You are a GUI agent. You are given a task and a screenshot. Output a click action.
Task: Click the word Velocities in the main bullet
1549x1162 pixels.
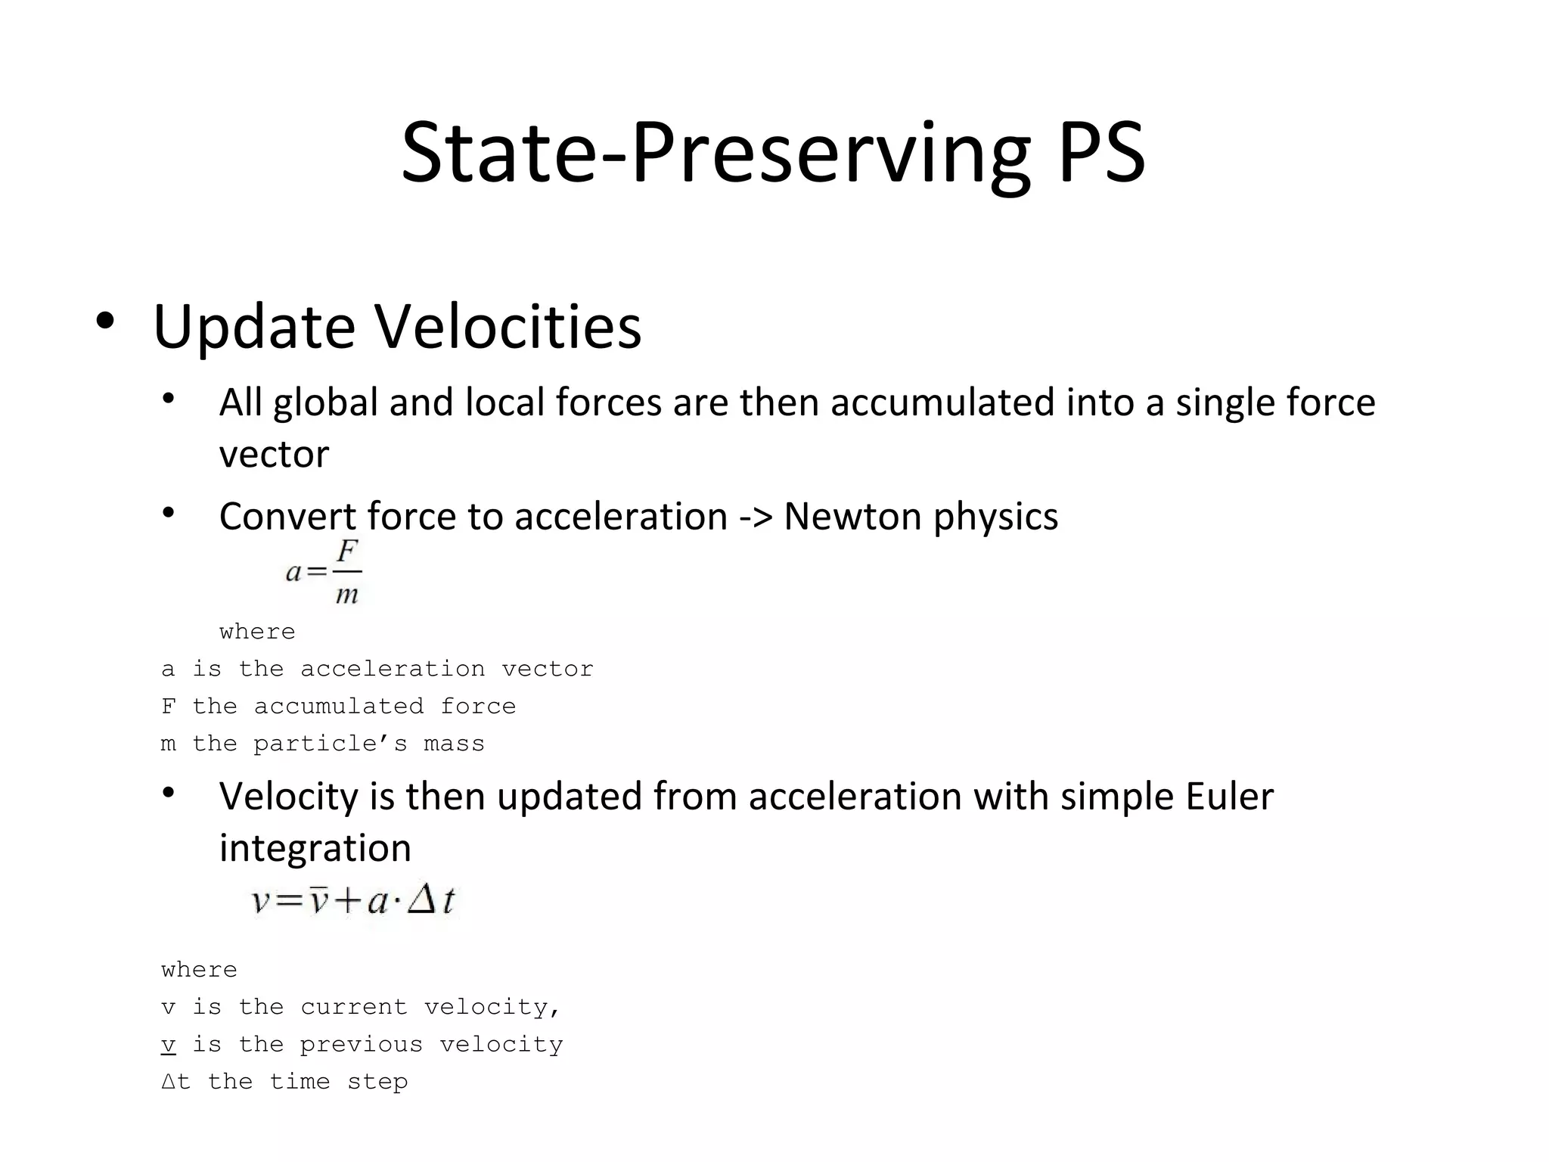point(508,327)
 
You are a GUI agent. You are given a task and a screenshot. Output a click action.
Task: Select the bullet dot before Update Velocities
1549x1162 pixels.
point(104,322)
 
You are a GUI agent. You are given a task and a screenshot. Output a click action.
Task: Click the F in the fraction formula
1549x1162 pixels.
point(347,552)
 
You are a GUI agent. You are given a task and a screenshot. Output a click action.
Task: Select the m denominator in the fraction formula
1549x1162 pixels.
point(347,595)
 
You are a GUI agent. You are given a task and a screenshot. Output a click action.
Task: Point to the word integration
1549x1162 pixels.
point(315,848)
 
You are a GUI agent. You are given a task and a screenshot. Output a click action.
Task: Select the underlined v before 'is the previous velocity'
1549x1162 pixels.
point(168,1045)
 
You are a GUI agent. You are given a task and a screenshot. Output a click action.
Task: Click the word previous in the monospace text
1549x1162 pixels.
point(361,1045)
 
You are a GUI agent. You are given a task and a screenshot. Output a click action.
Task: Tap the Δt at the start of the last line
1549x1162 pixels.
point(175,1082)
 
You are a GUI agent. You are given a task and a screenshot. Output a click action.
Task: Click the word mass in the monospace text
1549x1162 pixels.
point(454,744)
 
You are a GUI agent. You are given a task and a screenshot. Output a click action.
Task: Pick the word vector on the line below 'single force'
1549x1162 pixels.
point(274,455)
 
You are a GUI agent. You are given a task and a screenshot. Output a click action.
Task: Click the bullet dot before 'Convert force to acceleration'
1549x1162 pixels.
point(168,513)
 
